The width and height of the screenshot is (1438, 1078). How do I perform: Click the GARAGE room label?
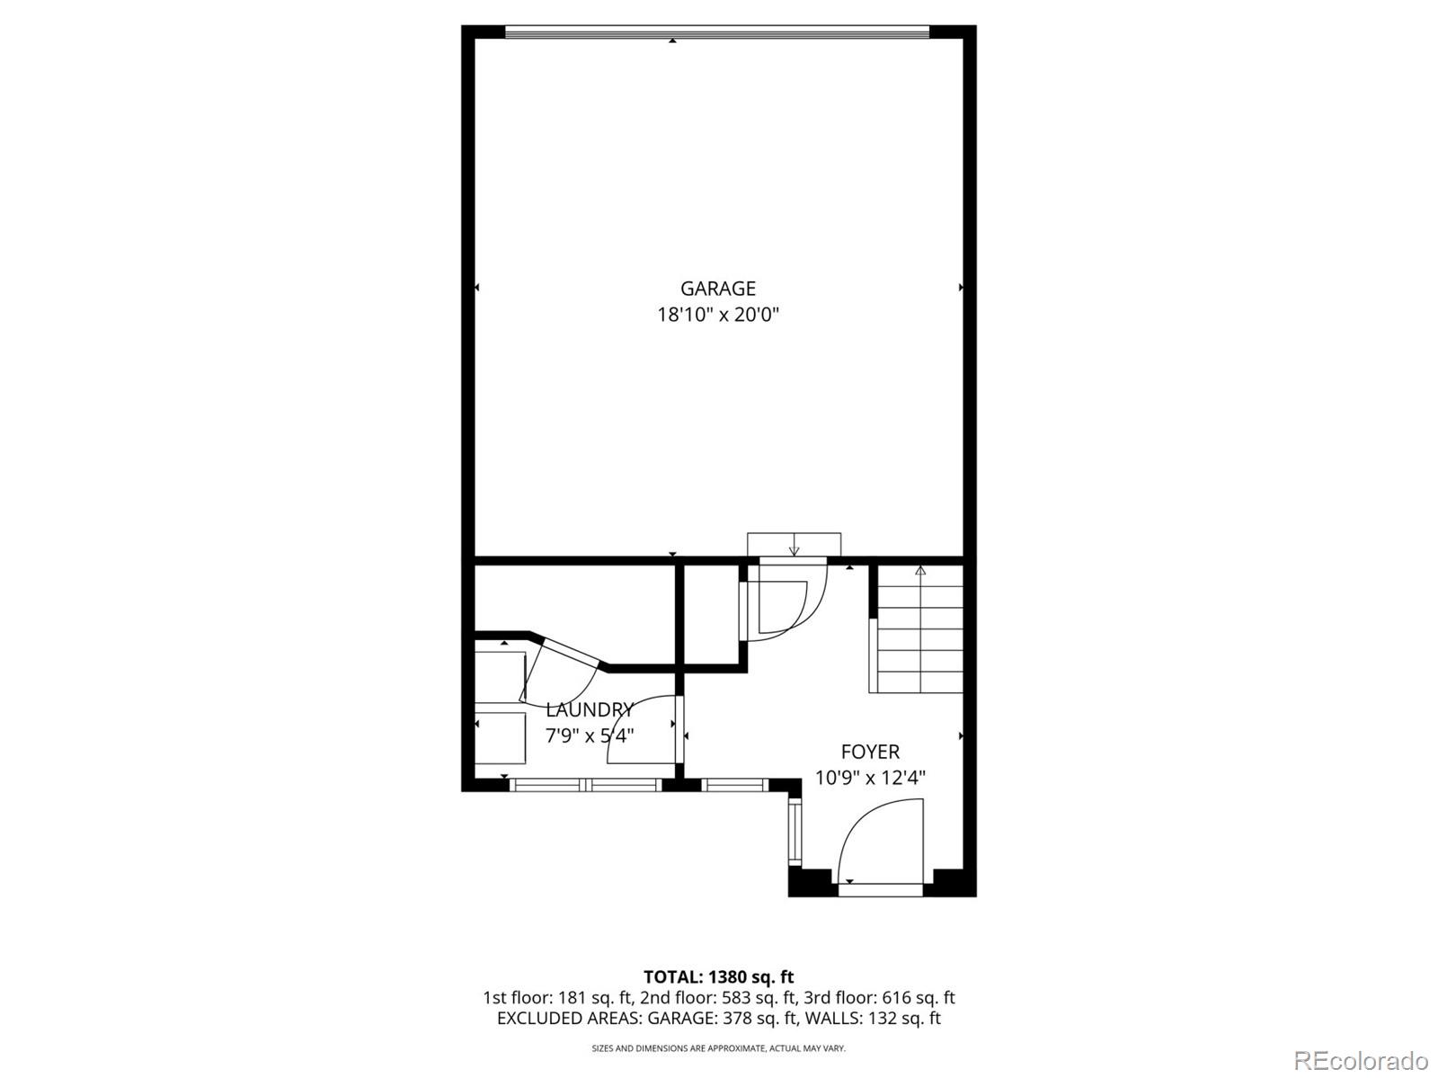click(x=717, y=289)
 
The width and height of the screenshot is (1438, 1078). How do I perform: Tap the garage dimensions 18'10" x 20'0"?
click(x=717, y=315)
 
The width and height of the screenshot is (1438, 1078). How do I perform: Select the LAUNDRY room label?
click(x=590, y=709)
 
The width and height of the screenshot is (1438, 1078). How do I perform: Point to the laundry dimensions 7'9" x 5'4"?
click(x=590, y=735)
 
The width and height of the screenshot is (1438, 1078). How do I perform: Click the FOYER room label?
click(x=870, y=752)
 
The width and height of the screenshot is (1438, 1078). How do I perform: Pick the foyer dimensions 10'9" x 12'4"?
click(x=870, y=778)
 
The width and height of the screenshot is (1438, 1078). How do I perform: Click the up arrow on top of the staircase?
click(x=919, y=570)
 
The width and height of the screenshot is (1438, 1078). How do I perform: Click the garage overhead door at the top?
click(x=716, y=32)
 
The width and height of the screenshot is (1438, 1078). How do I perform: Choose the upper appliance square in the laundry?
click(x=500, y=676)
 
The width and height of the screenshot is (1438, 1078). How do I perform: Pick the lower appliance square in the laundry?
click(x=500, y=737)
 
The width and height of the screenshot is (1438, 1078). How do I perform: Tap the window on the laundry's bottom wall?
click(x=586, y=785)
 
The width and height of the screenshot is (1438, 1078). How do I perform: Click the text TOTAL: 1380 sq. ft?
click(x=718, y=976)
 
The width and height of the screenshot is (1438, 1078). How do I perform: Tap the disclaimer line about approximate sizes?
click(x=718, y=1048)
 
